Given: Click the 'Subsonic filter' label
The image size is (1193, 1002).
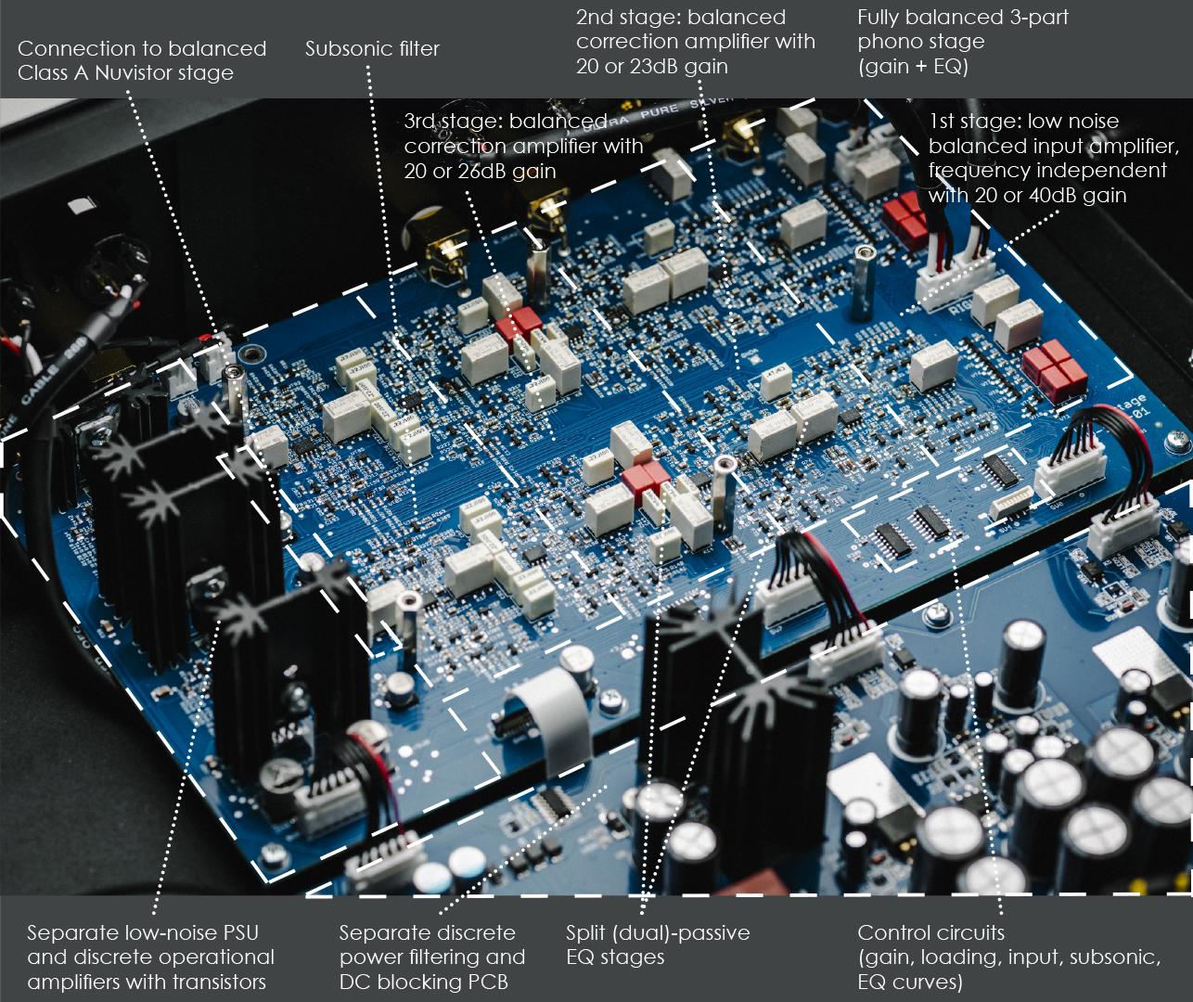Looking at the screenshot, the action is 372,48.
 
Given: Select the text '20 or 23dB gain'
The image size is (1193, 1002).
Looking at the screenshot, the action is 652,67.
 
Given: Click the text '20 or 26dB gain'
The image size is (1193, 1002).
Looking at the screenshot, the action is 480,172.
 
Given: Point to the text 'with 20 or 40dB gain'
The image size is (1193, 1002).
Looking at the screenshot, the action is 1027,196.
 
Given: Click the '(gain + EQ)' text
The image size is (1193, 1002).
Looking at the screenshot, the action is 913,67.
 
